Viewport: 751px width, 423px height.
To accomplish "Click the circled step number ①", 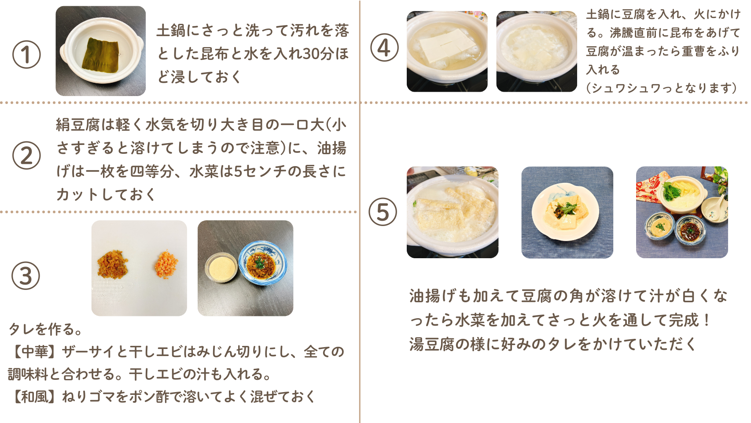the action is coord(26,54).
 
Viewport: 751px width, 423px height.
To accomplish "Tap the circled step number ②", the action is coord(26,156).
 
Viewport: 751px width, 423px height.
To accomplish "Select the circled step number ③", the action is coord(26,276).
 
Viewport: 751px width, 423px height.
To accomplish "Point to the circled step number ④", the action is coord(384,47).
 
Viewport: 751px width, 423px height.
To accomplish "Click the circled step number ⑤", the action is coord(383,212).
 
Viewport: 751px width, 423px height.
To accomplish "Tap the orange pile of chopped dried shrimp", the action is coord(166,264).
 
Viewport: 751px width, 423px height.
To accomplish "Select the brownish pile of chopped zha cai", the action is coord(113,264).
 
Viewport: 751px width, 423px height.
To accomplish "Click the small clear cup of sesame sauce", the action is coord(221,267).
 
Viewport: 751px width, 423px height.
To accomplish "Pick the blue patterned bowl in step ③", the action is coord(262,263).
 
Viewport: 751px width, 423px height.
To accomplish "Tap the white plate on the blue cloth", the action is coord(565,212).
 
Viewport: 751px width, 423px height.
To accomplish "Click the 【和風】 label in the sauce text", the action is coord(32,397).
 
